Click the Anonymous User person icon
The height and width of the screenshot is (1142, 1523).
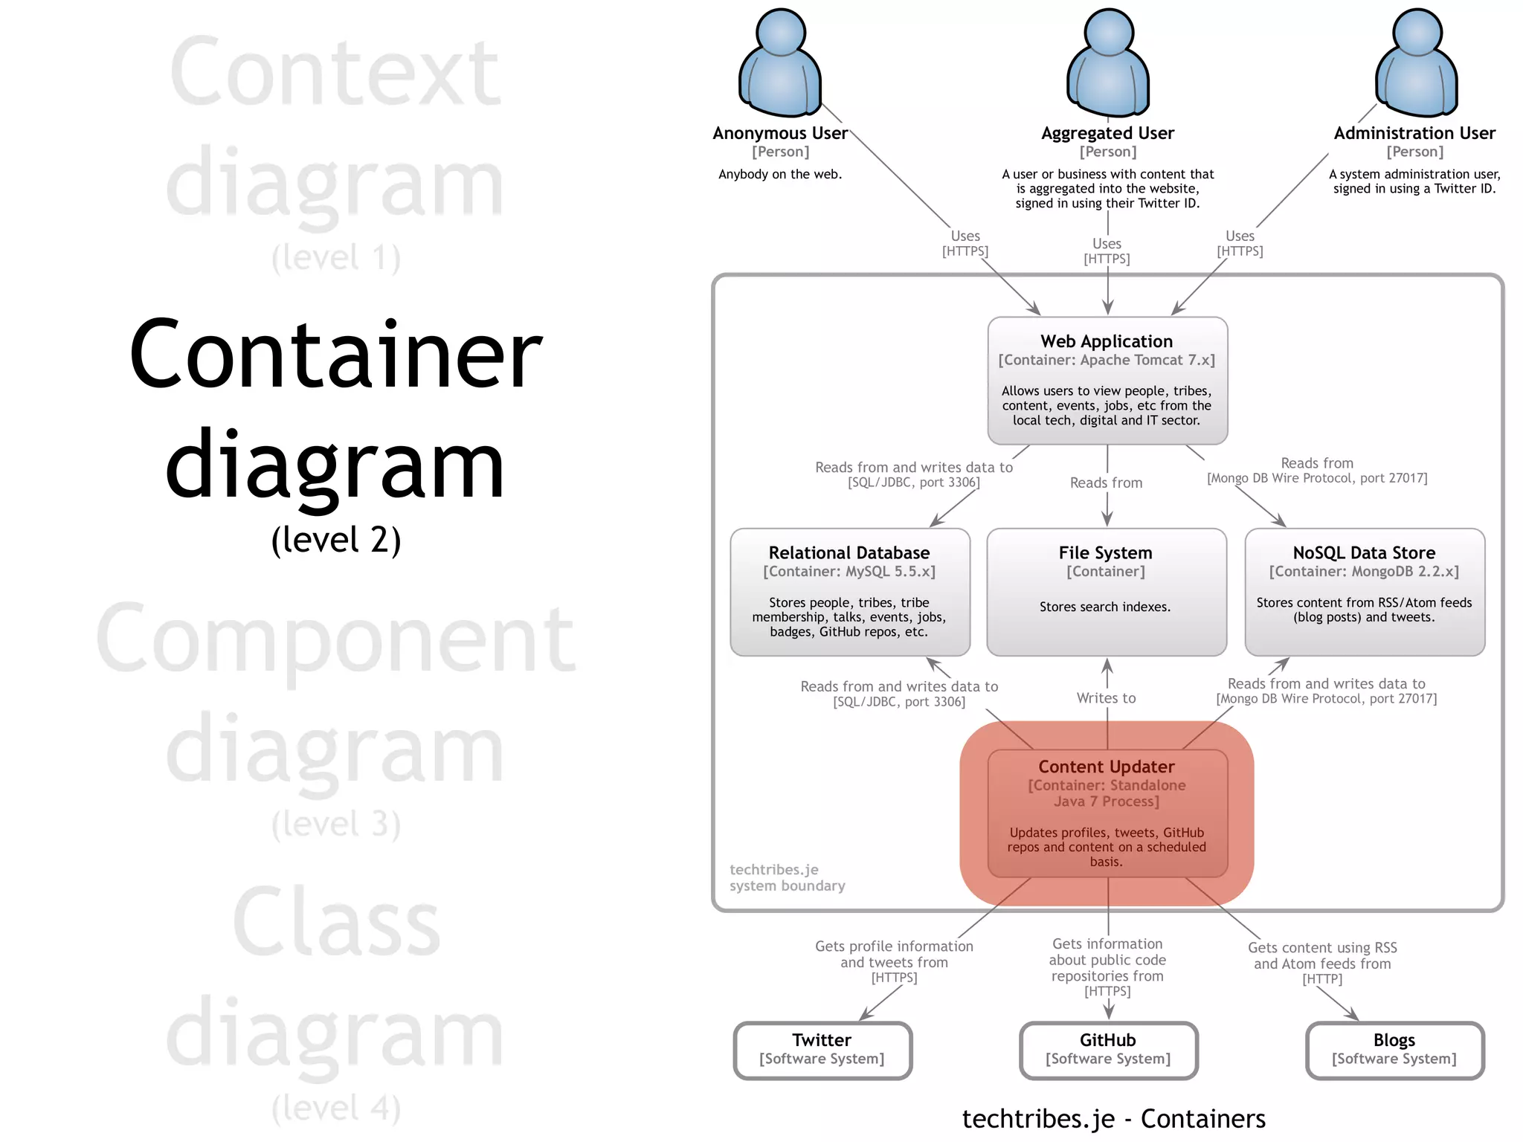(x=780, y=65)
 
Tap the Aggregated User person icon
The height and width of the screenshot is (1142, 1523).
(x=1108, y=65)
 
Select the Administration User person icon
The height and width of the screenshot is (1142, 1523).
(x=1417, y=65)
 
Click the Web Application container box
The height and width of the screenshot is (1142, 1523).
(x=1107, y=381)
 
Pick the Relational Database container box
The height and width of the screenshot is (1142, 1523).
(x=850, y=592)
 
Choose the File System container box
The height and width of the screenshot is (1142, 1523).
(x=1107, y=592)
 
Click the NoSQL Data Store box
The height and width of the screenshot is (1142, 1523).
(x=1365, y=592)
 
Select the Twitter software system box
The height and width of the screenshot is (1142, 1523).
(x=822, y=1050)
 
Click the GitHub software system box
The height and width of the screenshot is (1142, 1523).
(x=1108, y=1050)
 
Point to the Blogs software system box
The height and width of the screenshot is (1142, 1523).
(x=1394, y=1050)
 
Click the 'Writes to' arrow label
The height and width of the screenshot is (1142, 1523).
(x=1107, y=698)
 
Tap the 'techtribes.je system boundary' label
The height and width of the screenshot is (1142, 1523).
(x=787, y=877)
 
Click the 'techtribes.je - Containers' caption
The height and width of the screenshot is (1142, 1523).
(x=1113, y=1119)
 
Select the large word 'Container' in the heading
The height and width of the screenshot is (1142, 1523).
(x=336, y=355)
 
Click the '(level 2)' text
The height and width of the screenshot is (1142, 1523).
(x=336, y=539)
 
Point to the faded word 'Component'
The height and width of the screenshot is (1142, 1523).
(x=336, y=639)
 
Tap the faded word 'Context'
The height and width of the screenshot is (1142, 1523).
(x=336, y=73)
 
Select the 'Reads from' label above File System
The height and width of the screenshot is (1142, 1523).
(x=1106, y=483)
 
